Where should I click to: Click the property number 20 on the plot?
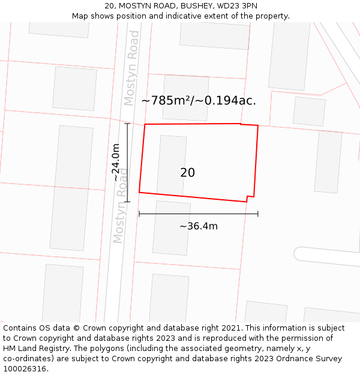tap(187, 173)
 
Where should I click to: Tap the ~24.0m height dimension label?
tap(116, 162)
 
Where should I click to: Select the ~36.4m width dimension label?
tap(198, 226)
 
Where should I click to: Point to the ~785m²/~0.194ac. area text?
tap(199, 101)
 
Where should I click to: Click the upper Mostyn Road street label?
tap(132, 67)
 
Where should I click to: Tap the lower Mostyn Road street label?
tap(120, 205)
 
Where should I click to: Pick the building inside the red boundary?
tap(172, 166)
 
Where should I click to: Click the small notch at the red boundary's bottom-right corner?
tap(250, 198)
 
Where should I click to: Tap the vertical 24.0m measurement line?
tap(127, 162)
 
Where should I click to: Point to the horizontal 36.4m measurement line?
tap(198, 214)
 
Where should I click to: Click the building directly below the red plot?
tap(172, 228)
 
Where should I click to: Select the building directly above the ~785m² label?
tap(186, 90)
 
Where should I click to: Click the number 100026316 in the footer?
tap(25, 369)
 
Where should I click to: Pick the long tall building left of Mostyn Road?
tap(71, 187)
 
